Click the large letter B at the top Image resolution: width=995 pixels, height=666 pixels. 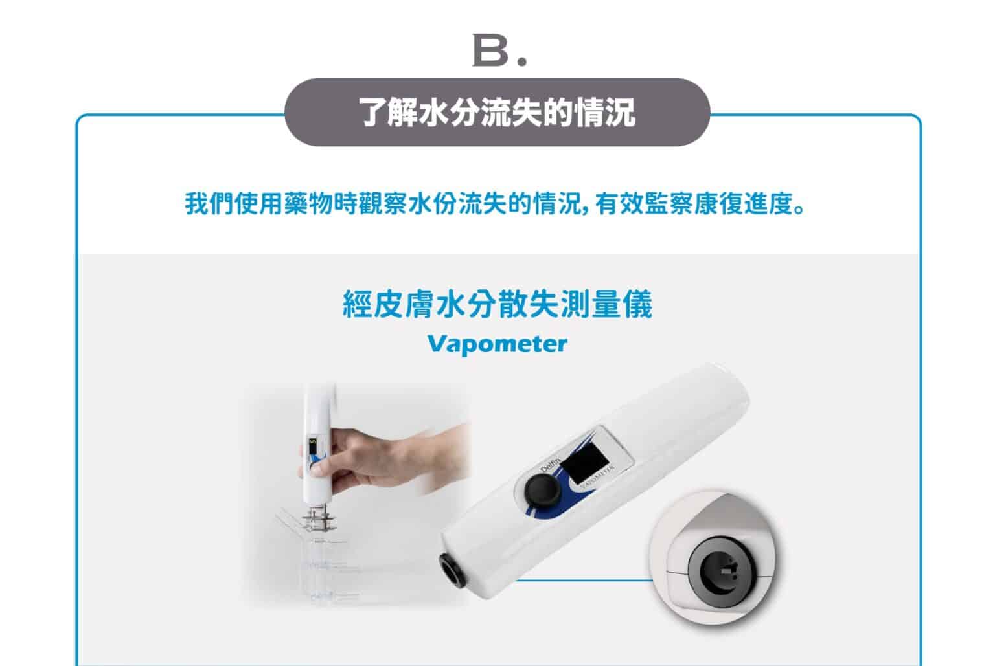point(490,50)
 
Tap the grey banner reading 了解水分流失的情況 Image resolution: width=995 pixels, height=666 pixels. point(497,112)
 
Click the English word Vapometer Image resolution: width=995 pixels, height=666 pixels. point(497,344)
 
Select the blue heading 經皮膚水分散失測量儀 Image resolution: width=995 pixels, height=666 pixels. point(497,304)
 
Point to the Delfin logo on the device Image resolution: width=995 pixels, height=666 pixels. point(551,464)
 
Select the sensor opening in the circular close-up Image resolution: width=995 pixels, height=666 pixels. point(722,572)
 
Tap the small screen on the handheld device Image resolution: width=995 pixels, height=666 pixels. point(313,447)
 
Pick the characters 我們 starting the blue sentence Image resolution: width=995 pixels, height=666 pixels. point(209,204)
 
